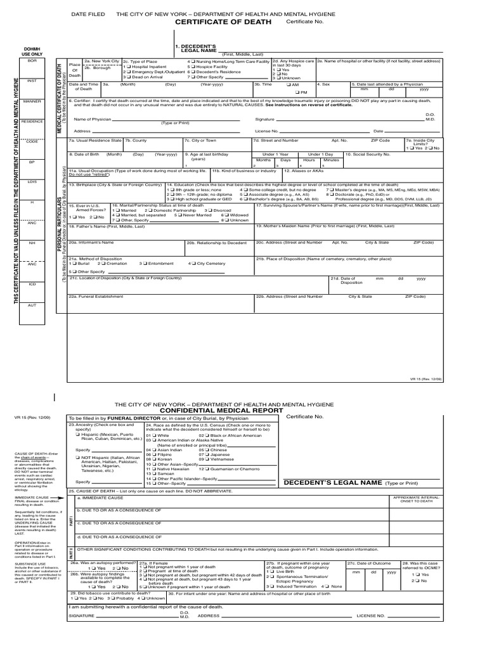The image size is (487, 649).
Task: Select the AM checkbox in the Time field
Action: [289, 84]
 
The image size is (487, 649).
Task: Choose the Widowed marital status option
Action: [224, 215]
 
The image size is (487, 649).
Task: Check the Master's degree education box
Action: [329, 190]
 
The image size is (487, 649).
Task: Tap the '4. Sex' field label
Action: [323, 83]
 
